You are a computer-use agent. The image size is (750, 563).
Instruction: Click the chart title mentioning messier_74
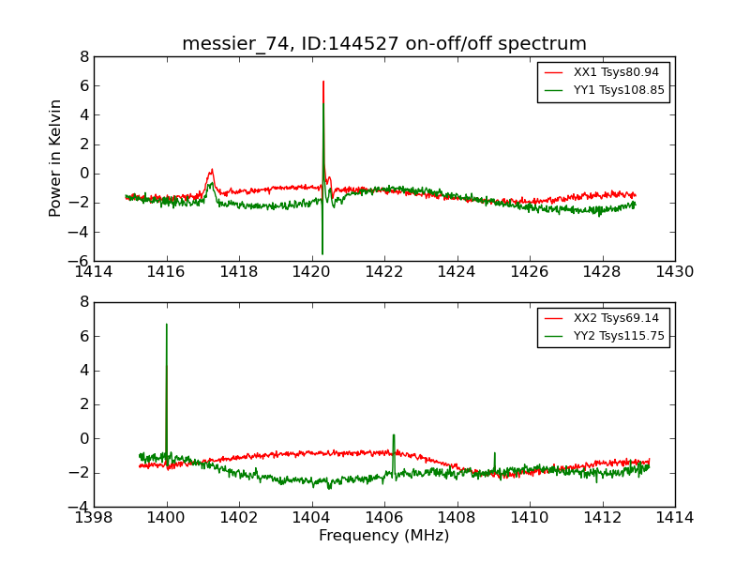[x=384, y=44]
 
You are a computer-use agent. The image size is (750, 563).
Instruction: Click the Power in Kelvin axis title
[x=56, y=158]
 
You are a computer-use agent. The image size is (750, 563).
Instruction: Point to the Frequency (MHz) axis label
[x=384, y=536]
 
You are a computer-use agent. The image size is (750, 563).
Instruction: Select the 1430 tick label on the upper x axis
[x=675, y=271]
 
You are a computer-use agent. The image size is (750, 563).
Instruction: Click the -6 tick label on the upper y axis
[x=79, y=261]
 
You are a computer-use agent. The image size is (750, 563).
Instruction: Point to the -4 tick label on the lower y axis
[x=79, y=507]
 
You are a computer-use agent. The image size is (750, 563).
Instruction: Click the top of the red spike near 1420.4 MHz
[x=323, y=82]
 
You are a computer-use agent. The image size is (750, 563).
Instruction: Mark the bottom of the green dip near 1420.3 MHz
[x=322, y=253]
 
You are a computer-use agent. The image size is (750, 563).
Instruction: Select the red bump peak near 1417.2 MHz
[x=212, y=171]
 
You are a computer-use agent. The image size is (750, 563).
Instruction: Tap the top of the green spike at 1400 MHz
[x=167, y=325]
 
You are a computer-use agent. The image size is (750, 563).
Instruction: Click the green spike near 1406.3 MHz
[x=394, y=435]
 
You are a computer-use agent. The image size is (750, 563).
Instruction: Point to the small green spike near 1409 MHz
[x=495, y=454]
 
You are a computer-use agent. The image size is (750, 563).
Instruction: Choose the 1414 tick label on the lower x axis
[x=675, y=517]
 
